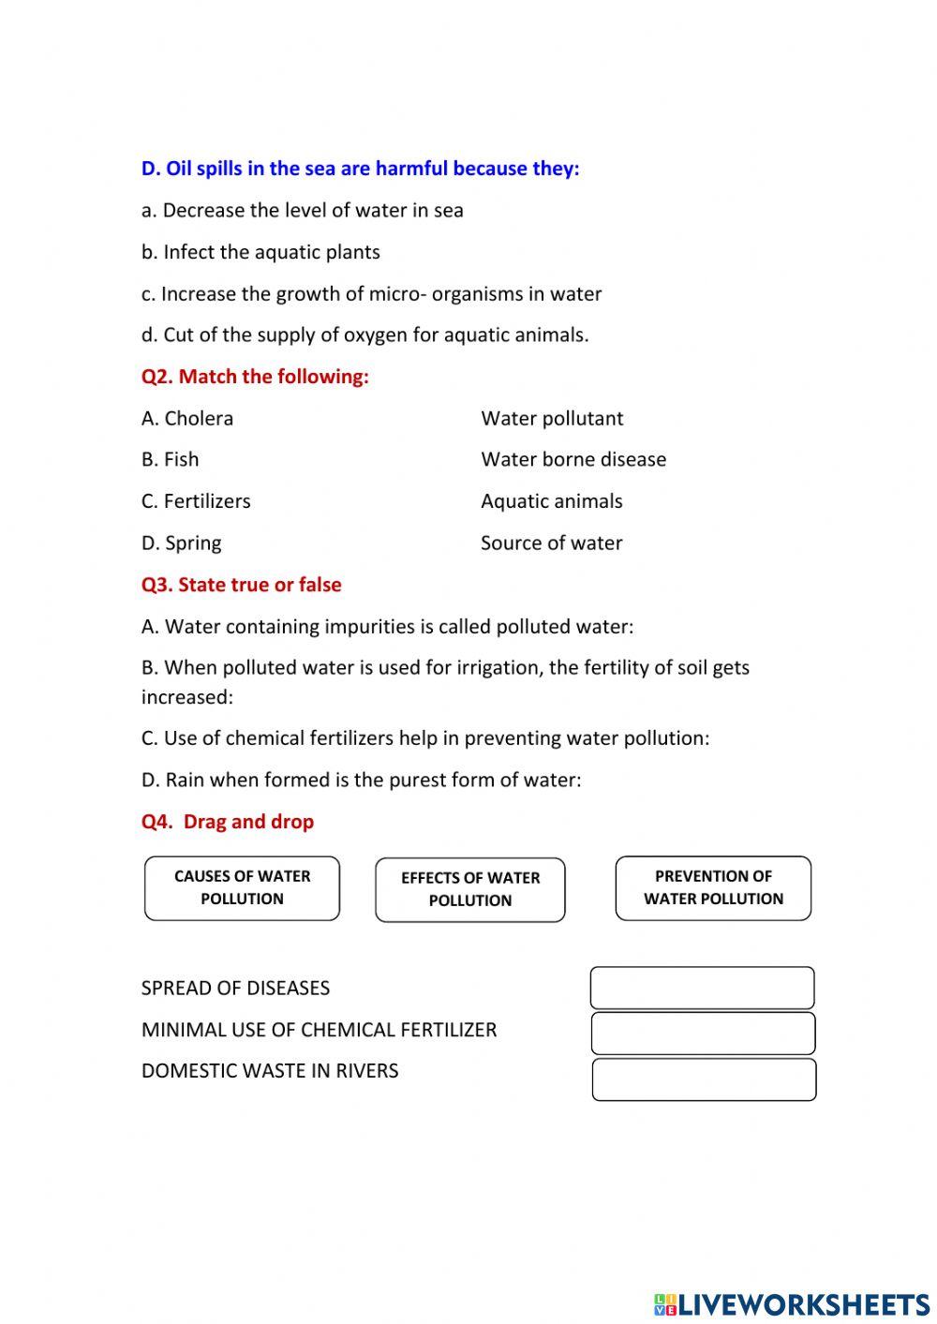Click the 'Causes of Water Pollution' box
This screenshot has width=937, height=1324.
(x=242, y=887)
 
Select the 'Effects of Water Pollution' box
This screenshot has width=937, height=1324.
(x=470, y=889)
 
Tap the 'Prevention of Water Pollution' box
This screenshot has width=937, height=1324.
(x=713, y=887)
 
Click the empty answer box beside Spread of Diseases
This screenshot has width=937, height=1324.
(x=702, y=988)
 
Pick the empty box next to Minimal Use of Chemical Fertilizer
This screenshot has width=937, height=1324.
(x=703, y=1033)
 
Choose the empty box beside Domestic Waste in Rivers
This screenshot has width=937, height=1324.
(x=704, y=1079)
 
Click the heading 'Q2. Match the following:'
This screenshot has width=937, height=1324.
(x=255, y=377)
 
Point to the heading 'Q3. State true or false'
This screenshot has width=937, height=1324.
(x=241, y=585)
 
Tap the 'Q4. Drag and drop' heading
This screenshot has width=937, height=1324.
(x=228, y=822)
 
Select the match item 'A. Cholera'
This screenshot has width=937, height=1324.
(x=187, y=418)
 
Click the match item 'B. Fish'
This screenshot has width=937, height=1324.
(x=171, y=459)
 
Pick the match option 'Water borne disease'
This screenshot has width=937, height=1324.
(x=573, y=459)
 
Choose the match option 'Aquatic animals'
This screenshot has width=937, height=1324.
(x=551, y=501)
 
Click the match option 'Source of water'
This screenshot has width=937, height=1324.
(x=551, y=543)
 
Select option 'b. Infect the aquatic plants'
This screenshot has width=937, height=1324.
(x=260, y=252)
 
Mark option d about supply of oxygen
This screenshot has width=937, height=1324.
(x=365, y=335)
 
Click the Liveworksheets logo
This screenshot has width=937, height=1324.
(x=792, y=1303)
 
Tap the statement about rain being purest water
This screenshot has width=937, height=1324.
(x=361, y=780)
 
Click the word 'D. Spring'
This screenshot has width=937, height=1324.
(x=182, y=543)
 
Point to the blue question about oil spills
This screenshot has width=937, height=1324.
(x=361, y=169)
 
